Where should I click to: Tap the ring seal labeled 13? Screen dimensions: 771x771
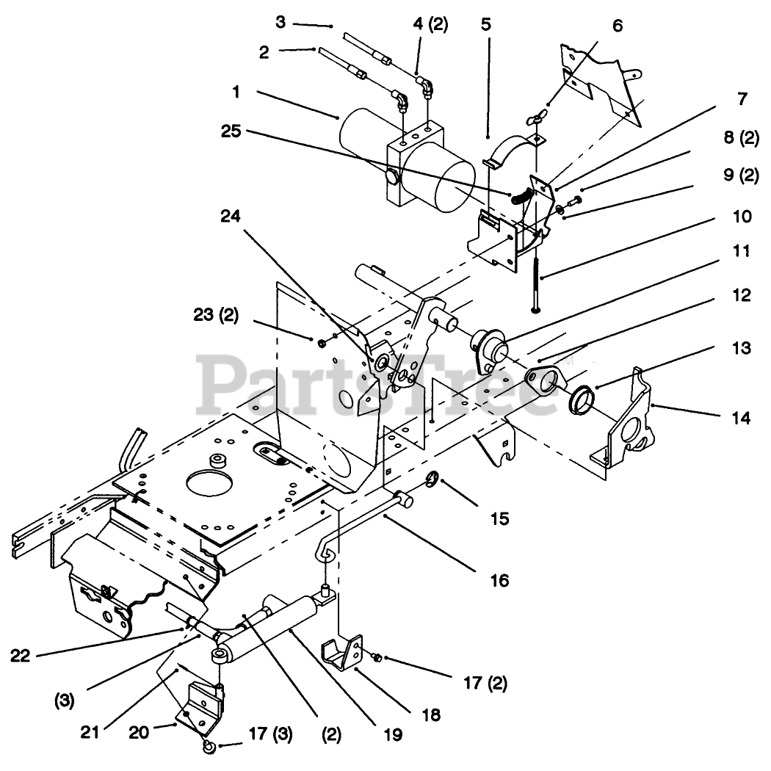[x=582, y=399]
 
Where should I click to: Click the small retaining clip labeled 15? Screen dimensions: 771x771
[x=432, y=481]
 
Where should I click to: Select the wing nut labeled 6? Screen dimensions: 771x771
[x=536, y=116]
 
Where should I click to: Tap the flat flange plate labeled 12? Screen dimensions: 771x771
[x=546, y=384]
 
